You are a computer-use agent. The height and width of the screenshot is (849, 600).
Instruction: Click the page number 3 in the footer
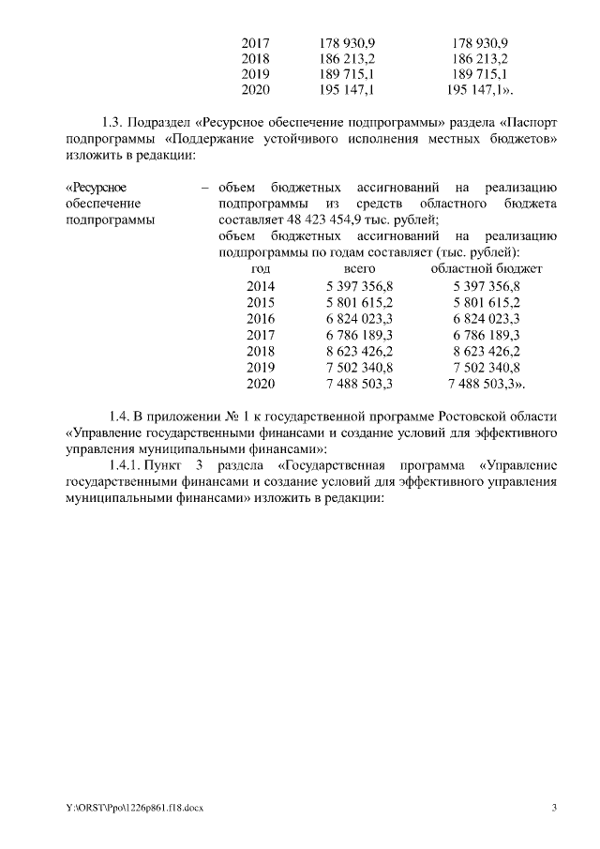[x=554, y=808]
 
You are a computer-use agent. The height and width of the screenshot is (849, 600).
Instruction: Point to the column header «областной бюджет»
[x=486, y=269]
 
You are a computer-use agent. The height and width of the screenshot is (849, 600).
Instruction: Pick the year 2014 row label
[x=262, y=286]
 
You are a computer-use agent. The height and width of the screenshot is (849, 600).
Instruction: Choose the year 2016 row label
[x=262, y=319]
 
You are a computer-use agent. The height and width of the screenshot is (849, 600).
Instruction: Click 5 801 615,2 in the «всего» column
[x=359, y=302]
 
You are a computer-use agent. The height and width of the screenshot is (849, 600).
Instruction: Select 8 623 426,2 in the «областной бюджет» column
[x=486, y=351]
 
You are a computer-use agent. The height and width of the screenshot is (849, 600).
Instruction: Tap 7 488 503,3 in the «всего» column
[x=359, y=384]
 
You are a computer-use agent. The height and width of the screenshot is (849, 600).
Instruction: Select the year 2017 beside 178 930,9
[x=255, y=43]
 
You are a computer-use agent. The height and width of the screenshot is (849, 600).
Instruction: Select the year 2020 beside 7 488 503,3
[x=262, y=384]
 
